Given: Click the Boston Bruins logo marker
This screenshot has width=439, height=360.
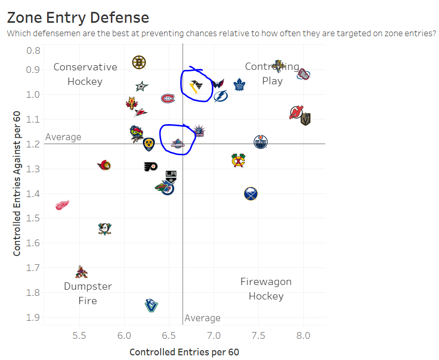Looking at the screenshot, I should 138,63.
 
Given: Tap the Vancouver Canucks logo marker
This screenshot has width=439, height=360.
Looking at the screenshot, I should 151,305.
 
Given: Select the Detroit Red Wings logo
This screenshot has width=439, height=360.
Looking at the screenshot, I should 62,205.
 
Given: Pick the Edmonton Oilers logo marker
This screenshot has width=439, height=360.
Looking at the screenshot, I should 261,142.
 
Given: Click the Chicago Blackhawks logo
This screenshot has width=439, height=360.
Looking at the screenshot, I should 238,161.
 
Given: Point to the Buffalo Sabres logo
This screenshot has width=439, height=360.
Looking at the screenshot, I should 251,194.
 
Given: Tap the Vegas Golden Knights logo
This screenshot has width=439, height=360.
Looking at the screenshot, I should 305,119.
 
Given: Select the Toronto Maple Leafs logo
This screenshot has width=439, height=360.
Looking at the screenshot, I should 239,84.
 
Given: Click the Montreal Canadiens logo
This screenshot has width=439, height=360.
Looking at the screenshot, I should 168,98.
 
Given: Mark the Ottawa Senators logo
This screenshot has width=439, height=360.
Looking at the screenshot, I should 105,166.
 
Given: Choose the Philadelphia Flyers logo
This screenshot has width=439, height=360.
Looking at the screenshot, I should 151,167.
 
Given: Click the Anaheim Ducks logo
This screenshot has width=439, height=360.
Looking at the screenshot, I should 105,228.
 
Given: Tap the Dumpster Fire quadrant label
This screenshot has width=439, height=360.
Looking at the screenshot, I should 87,293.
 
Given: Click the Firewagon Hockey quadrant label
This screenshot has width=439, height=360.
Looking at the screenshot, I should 266,289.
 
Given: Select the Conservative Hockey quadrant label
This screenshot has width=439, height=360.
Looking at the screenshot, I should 85,74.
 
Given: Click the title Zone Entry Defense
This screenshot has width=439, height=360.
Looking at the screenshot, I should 78,18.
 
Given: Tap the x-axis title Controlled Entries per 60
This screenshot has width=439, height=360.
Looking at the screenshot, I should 184,352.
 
